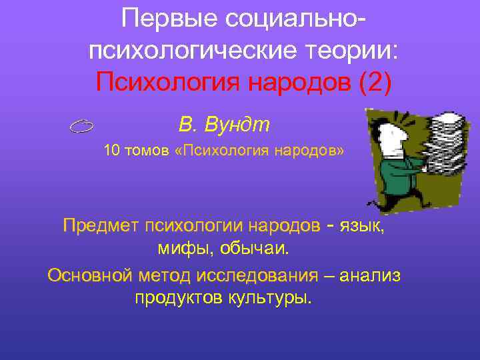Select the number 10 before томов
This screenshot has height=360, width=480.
[111, 151]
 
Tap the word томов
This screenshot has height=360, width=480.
[144, 151]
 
